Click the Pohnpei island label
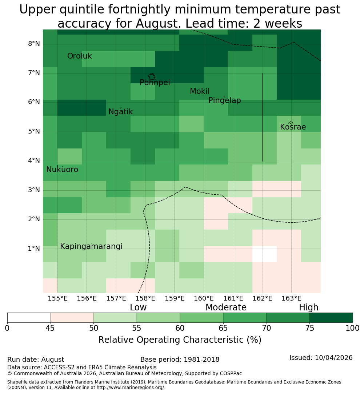point(155,83)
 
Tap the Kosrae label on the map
point(293,127)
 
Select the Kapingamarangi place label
point(91,246)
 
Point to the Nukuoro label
point(62,170)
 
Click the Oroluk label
point(79,56)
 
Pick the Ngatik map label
point(120,112)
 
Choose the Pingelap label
point(224,100)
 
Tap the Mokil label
point(199,91)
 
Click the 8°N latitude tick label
point(34,44)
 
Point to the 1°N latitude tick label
point(34,249)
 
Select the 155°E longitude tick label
point(57,298)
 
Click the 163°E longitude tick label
point(291,298)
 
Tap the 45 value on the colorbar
point(50,328)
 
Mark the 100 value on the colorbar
point(353,328)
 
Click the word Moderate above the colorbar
point(226,307)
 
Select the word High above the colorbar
point(308,307)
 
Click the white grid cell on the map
point(265,254)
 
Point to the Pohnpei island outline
point(152,76)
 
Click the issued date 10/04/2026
point(333,358)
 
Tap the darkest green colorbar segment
point(331,318)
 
